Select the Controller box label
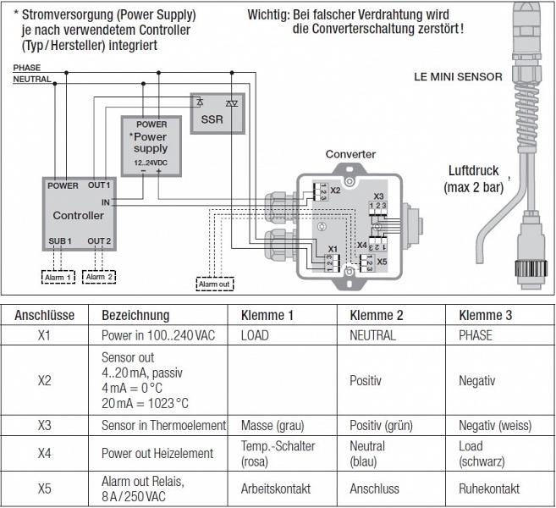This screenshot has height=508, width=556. tap(78, 215)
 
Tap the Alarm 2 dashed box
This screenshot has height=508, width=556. tap(99, 277)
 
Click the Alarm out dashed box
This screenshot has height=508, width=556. tap(215, 284)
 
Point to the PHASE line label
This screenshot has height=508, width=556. tap(26, 68)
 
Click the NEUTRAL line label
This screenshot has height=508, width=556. tap(31, 80)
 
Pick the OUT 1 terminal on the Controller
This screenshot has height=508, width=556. tap(99, 185)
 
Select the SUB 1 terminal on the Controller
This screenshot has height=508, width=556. tap(59, 241)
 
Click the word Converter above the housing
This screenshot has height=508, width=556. tap(350, 155)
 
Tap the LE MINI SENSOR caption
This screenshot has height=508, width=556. tap(458, 76)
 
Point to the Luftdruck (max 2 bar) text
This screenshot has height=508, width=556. tap(473, 179)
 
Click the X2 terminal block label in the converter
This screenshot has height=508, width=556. tap(335, 190)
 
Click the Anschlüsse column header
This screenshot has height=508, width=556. tap(45, 315)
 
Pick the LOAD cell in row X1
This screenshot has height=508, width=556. tap(255, 335)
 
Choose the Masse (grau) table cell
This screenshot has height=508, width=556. tap(272, 425)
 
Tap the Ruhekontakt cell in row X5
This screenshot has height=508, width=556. tap(489, 489)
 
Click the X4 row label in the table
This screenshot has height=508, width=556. tap(45, 453)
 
